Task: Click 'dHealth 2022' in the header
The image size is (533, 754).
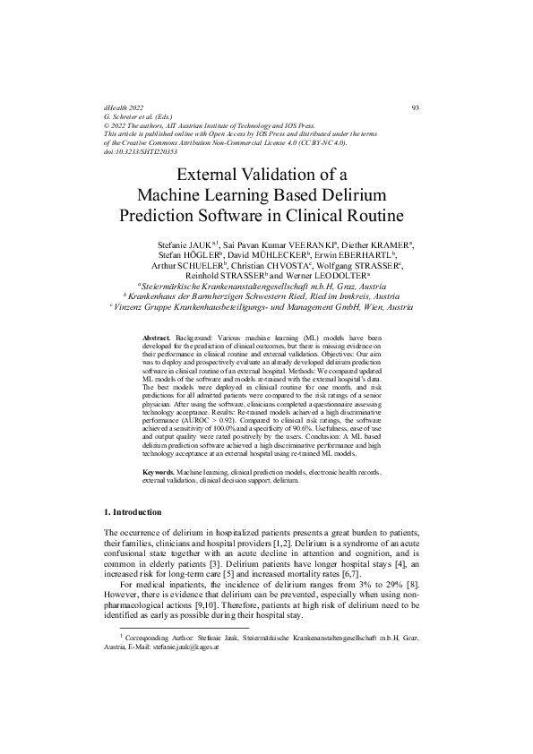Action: click(x=125, y=108)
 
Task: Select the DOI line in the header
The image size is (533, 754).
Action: click(x=140, y=152)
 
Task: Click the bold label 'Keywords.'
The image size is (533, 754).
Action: click(x=159, y=471)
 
